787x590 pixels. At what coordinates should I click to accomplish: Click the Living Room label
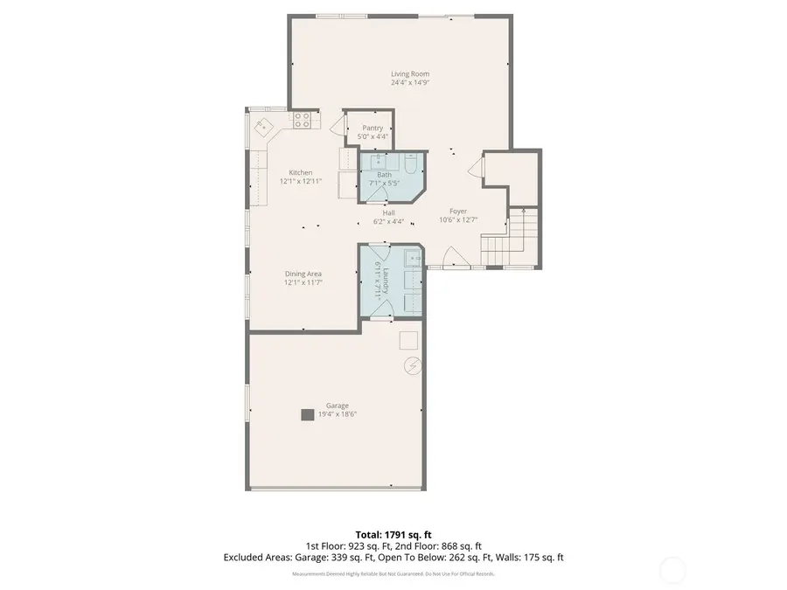coord(409,74)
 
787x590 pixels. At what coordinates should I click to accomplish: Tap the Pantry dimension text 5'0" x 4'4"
coord(373,137)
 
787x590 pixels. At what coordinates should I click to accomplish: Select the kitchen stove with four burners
coord(302,121)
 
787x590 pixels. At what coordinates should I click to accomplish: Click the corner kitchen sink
coord(262,127)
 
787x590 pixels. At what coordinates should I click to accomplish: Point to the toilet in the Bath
coord(411,164)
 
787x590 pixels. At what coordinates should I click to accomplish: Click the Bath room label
coord(384,175)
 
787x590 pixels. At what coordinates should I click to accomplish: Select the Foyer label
coord(458,212)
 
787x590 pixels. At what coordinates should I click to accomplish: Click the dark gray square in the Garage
coord(308,415)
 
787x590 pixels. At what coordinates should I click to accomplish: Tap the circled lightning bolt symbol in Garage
coord(412,364)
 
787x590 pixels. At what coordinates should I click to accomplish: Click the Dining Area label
coord(303,274)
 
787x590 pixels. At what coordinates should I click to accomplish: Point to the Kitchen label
coord(301,172)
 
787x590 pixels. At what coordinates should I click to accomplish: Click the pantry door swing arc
coord(338,127)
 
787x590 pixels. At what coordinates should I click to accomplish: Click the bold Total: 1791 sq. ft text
coord(393,534)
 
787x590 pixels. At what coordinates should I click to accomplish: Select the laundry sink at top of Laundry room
coord(411,257)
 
